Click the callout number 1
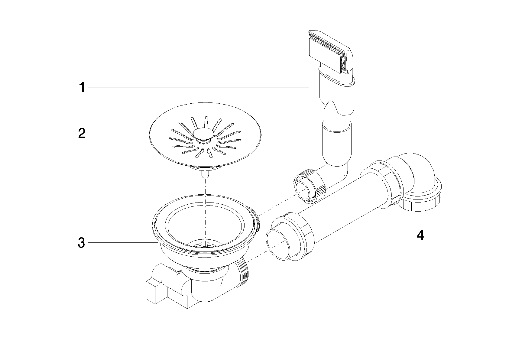[82, 88]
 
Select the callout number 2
[82, 133]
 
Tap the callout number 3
[82, 243]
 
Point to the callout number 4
[421, 235]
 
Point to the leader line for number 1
[200, 87]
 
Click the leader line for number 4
[373, 235]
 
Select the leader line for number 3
[123, 243]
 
